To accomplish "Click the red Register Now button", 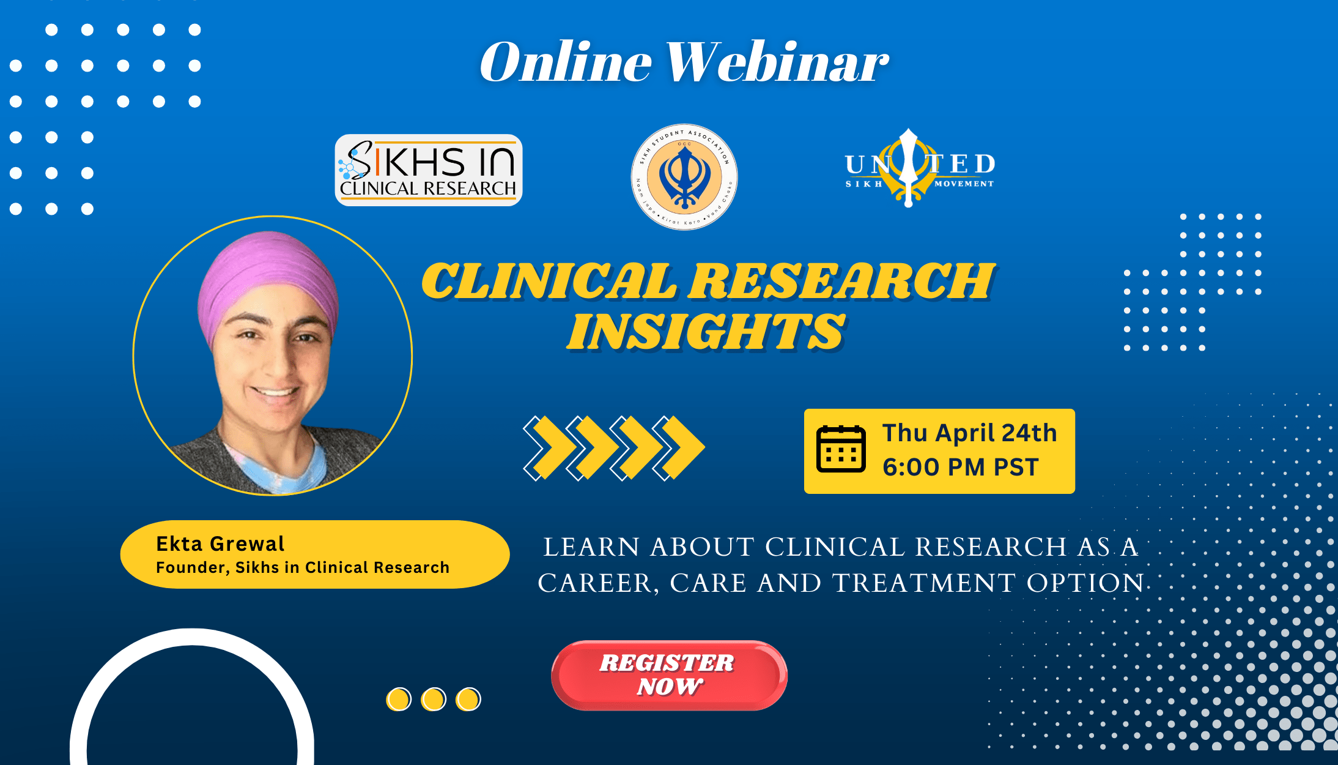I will (x=668, y=675).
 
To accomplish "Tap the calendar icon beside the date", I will (x=841, y=449).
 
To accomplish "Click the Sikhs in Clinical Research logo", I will (x=428, y=170).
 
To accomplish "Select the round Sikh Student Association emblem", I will (x=684, y=177).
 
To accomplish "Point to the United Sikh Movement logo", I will (x=919, y=168).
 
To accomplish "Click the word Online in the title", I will (x=566, y=62).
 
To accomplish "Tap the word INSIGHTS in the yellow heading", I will (x=706, y=332).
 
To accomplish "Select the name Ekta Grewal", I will (x=220, y=543).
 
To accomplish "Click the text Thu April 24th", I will (x=969, y=433).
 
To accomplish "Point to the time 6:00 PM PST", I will (x=960, y=467).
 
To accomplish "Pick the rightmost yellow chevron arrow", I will (x=682, y=447).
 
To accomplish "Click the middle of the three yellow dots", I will (x=434, y=699).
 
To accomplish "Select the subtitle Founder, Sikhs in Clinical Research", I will (x=303, y=567).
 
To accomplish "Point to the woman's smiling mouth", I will (x=275, y=392).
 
